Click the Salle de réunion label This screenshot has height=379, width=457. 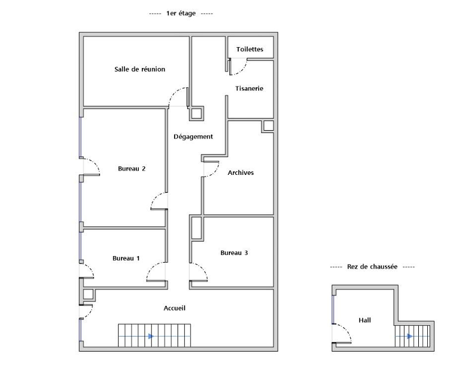[x=139, y=69]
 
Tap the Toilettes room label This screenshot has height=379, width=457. [x=250, y=49]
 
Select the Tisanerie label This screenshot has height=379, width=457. [x=249, y=88]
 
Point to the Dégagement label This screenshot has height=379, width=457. [x=193, y=137]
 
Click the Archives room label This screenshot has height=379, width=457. [x=241, y=172]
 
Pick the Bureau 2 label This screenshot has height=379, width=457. [x=132, y=168]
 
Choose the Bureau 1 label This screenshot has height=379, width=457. [x=126, y=258]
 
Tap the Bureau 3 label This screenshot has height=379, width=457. [x=234, y=253]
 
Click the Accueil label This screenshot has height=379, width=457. [x=175, y=308]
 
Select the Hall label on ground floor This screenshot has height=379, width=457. [x=365, y=320]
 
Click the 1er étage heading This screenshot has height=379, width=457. [x=181, y=14]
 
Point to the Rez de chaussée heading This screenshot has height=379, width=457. [x=372, y=267]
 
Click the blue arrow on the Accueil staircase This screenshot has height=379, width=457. [x=151, y=337]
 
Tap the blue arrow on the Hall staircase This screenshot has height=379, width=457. [x=410, y=337]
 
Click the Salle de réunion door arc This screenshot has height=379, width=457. [x=174, y=93]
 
